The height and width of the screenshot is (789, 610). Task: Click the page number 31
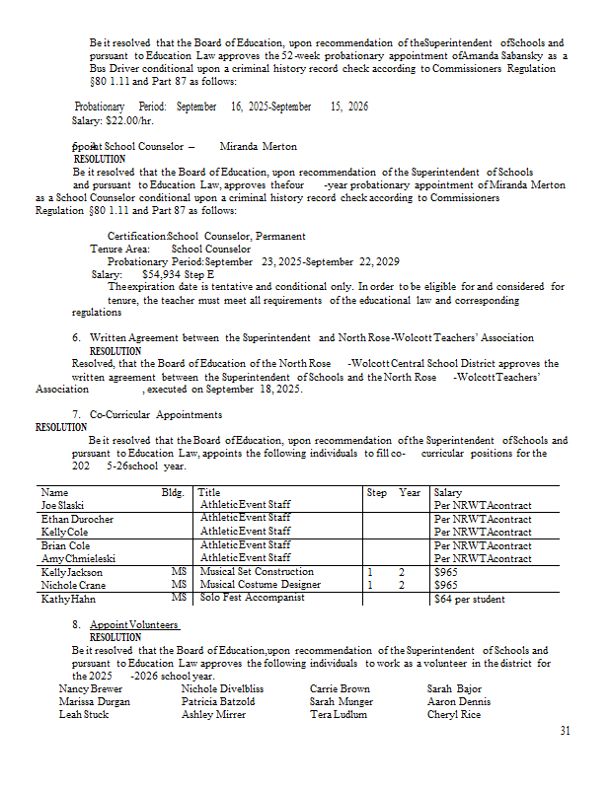pos(565,731)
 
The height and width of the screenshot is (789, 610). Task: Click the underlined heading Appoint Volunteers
pos(134,625)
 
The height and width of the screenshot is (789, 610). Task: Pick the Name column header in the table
pos(55,492)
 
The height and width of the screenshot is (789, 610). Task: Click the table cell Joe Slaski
pos(63,505)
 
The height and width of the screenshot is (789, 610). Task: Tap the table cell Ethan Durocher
pos(77,519)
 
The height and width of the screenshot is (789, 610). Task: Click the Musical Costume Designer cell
pos(260,585)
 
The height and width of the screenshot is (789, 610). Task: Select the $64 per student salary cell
pos(469,599)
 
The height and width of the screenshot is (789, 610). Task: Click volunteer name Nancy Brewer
pos(91,688)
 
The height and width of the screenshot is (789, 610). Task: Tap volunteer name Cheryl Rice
pos(454,714)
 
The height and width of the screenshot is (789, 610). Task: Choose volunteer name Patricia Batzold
pos(218,701)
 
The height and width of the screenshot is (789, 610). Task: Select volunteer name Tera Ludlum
pos(339,714)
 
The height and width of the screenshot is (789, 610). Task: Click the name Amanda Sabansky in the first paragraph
pos(496,56)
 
